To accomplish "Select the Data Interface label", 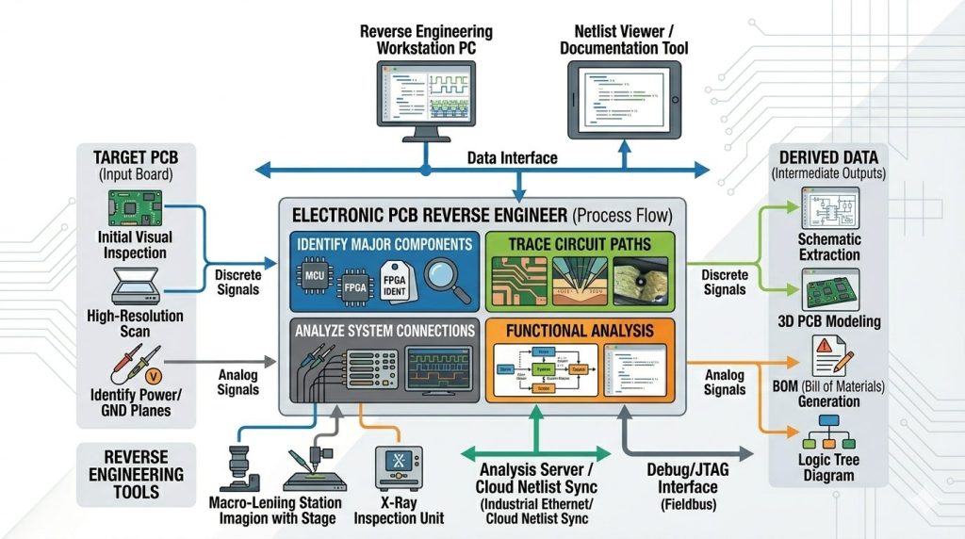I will [x=512, y=157].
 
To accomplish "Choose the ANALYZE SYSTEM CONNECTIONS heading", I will [x=384, y=331].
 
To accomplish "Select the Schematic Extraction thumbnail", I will [x=829, y=210].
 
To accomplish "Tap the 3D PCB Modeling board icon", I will [x=829, y=287].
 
